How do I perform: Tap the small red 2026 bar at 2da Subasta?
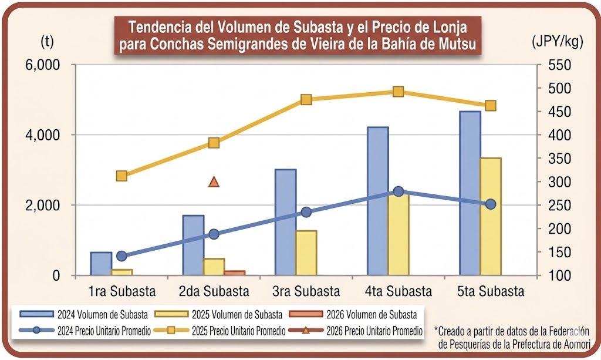235,272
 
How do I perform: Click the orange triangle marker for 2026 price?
214,182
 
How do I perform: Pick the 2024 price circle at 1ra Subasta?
121,256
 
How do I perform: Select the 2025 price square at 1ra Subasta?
121,176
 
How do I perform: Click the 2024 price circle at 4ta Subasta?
399,191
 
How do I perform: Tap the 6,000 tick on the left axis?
43,65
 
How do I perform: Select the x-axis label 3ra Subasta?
306,291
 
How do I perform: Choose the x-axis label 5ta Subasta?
491,291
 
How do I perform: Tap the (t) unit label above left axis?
47,42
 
